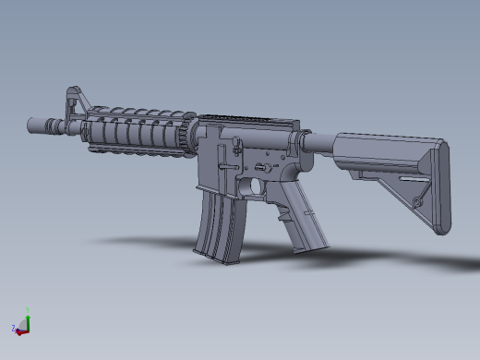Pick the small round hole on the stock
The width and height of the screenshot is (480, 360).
tap(418, 199)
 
